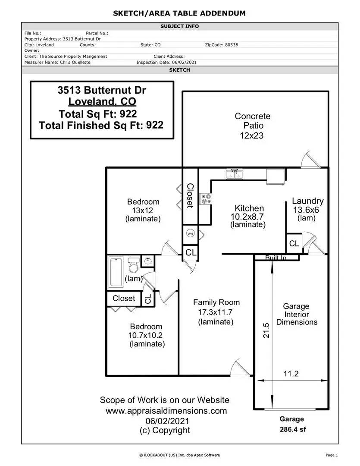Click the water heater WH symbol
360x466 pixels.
tap(191, 233)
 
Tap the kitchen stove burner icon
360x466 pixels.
tap(206, 199)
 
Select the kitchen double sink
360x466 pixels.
tap(235, 174)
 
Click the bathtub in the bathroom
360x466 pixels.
tap(116, 272)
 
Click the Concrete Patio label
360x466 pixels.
tap(253, 121)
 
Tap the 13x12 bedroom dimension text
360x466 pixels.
tap(143, 211)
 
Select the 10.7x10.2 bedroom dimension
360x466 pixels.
tap(146, 335)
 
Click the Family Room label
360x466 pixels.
tap(216, 302)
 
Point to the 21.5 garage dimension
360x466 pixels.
tap(266, 330)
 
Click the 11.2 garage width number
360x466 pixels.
tap(291, 374)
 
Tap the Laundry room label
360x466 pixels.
tap(308, 201)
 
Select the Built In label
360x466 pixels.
tap(275, 258)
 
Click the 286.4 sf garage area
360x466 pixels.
tap(293, 429)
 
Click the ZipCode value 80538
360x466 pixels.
tap(232, 45)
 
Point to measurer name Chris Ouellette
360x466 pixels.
tap(75, 63)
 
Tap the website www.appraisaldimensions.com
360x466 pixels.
tap(166, 411)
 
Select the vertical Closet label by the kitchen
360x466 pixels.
tap(190, 195)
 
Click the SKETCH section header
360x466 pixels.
tap(179, 70)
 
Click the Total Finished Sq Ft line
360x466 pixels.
tap(101, 125)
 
